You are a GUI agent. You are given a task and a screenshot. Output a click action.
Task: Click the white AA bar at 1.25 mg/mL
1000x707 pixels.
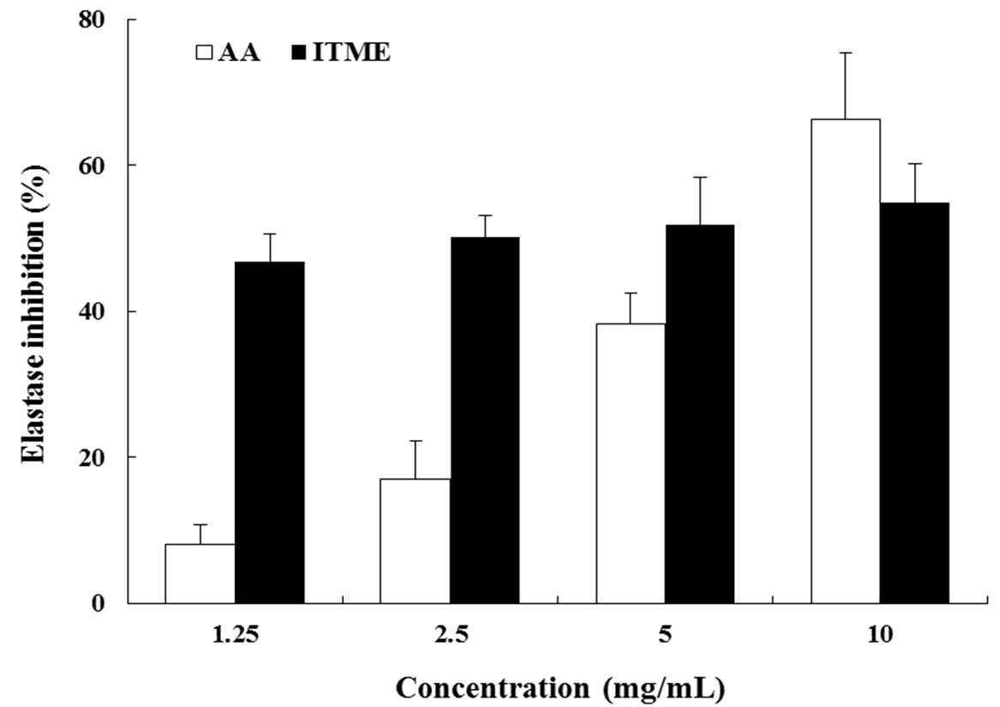tap(200, 573)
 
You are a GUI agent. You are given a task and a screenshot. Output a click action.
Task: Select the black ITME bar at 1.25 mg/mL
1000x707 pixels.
tap(270, 432)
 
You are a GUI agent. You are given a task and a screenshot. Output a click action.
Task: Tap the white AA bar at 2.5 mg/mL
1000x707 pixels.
tap(415, 541)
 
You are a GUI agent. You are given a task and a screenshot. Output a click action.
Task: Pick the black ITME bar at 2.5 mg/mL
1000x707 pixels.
tap(485, 420)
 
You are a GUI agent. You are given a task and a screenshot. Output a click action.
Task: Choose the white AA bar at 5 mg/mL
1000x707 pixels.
tap(630, 463)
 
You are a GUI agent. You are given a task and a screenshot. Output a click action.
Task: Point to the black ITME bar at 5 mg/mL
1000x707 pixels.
tap(700, 414)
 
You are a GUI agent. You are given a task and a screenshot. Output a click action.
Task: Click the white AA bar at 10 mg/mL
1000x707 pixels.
tap(846, 361)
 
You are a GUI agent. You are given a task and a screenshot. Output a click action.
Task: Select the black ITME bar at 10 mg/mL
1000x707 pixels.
tap(914, 402)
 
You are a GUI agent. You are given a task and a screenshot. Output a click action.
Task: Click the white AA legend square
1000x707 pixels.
tap(204, 51)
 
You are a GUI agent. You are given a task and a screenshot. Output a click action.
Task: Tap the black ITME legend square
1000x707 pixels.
tap(299, 51)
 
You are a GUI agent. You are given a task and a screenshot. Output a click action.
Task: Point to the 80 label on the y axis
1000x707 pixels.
tap(91, 20)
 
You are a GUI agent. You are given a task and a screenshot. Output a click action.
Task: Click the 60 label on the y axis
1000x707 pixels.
tap(91, 166)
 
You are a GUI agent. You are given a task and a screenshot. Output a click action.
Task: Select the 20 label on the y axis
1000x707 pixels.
tap(91, 457)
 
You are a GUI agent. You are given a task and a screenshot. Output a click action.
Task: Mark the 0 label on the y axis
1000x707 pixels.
tap(98, 603)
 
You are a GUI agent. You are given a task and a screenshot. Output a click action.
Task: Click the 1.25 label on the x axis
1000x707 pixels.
tap(235, 635)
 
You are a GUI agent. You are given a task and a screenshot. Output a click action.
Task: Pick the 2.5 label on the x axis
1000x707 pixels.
tap(450, 635)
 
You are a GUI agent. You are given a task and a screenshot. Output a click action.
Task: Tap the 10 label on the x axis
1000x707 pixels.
tap(880, 635)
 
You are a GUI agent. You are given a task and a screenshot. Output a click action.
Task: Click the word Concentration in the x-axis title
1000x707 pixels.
tap(492, 688)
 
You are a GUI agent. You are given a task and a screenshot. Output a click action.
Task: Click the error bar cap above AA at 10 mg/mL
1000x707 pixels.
tap(846, 53)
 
